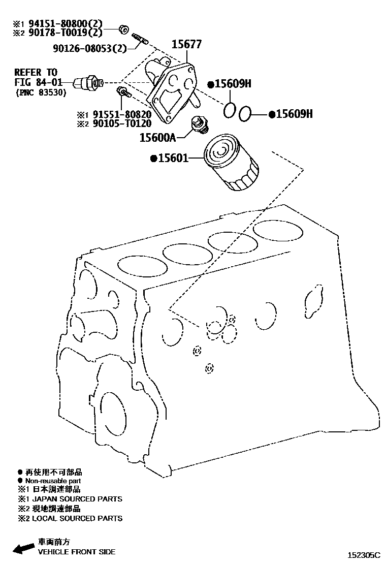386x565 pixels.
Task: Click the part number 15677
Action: coord(187,45)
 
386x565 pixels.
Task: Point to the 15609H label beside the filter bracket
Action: coord(232,84)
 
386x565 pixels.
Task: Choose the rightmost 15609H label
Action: coord(293,114)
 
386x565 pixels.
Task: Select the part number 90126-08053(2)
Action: coord(89,48)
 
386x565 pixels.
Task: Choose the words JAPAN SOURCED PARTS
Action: coord(81,499)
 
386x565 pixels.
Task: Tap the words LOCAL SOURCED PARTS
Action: coord(81,518)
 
